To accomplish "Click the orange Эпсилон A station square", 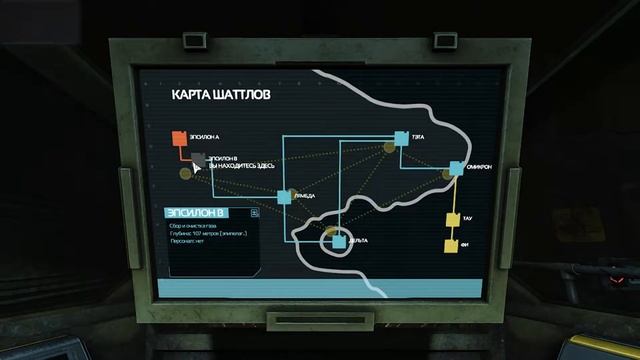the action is pyautogui.click(x=178, y=138).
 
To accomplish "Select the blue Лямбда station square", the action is pyautogui.click(x=284, y=197).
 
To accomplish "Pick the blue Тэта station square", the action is pyautogui.click(x=401, y=138).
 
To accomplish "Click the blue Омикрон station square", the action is pyautogui.click(x=455, y=169).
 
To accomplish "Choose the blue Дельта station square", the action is pyautogui.click(x=338, y=241).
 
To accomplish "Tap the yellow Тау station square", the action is pyautogui.click(x=452, y=219).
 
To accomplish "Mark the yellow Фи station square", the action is pyautogui.click(x=451, y=245).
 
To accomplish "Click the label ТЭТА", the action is pyautogui.click(x=420, y=139).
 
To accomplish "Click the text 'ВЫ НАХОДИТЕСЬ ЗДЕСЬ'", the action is pyautogui.click(x=239, y=165).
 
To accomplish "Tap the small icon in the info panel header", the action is pyautogui.click(x=255, y=212).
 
